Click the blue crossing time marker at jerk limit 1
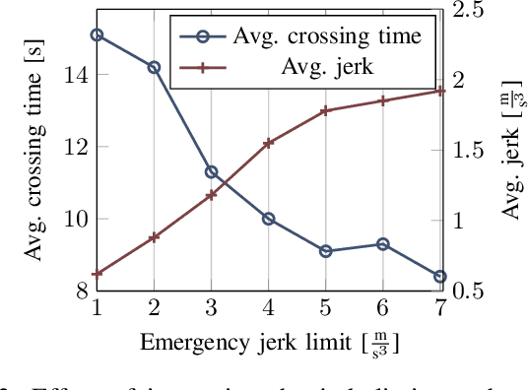[97, 34]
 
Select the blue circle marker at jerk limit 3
[211, 172]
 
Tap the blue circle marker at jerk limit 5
[325, 251]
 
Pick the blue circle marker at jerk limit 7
[439, 277]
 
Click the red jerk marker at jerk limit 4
[268, 143]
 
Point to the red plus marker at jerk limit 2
[154, 237]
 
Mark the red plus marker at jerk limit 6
[382, 100]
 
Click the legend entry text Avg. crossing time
[327, 36]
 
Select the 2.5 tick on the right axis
[467, 10]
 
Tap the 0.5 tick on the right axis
[467, 292]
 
